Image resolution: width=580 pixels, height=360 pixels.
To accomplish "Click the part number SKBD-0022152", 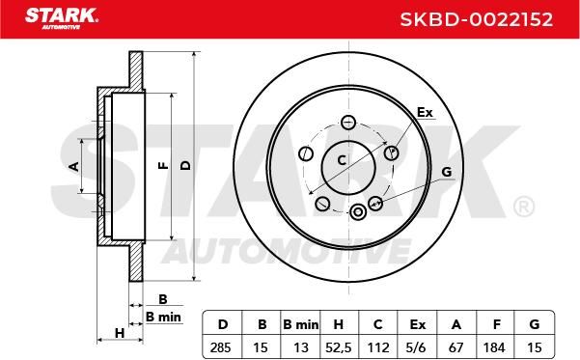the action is click(477, 19).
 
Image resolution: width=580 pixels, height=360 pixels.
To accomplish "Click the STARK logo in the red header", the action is click(62, 18).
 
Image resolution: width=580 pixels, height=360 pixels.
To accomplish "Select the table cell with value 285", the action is click(220, 347).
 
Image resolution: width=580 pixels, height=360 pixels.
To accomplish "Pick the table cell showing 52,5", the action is click(339, 347).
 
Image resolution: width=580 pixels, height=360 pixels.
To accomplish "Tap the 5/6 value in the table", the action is click(417, 347).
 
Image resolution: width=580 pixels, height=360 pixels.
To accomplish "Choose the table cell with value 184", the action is click(494, 347).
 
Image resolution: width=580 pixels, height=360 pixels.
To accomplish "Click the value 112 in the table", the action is click(378, 347).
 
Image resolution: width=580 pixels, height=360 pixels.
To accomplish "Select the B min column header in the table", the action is click(300, 325).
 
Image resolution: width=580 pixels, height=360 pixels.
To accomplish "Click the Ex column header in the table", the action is click(418, 325).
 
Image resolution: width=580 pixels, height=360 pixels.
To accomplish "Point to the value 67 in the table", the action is click(456, 347).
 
